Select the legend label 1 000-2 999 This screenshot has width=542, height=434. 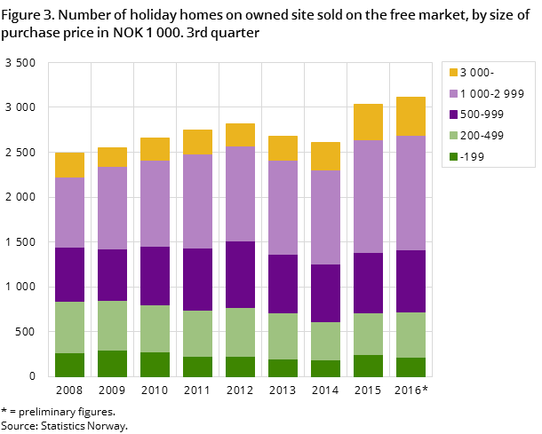click(x=491, y=94)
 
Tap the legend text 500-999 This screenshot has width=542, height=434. click(x=481, y=114)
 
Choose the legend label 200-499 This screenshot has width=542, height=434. click(x=481, y=136)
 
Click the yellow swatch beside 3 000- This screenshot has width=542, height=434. click(x=452, y=73)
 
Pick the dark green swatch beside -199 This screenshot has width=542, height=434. click(x=452, y=157)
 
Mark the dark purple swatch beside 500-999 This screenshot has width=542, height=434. click(x=452, y=114)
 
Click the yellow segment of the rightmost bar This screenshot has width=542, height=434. click(x=410, y=116)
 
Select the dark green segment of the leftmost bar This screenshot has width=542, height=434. click(x=69, y=365)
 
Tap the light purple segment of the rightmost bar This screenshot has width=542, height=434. click(x=410, y=193)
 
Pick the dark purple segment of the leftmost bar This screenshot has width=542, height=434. click(x=69, y=274)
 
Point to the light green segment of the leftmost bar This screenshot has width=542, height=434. click(x=69, y=327)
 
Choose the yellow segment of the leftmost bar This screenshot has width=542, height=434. click(x=69, y=165)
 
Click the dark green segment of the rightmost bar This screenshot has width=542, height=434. click(x=410, y=367)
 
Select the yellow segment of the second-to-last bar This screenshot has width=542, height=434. click(x=368, y=122)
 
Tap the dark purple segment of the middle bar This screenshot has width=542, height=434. click(x=240, y=274)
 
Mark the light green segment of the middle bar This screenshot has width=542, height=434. click(x=240, y=332)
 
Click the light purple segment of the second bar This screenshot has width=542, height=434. click(x=112, y=208)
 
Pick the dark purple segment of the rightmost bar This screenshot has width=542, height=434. click(x=410, y=281)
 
